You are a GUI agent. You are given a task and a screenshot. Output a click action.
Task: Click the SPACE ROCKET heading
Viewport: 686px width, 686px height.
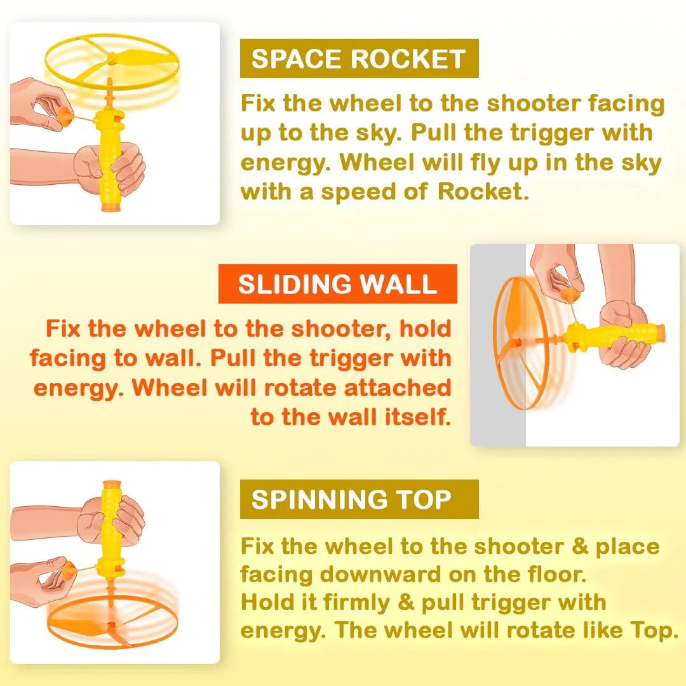tap(358, 58)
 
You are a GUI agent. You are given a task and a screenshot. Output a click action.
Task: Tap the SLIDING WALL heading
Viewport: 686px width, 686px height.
tap(337, 284)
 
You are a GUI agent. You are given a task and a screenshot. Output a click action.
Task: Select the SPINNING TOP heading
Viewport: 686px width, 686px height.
tap(351, 499)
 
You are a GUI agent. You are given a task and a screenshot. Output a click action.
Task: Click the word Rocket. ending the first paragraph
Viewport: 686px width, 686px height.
tap(483, 191)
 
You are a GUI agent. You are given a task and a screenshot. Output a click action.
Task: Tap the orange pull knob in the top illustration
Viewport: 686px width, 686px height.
tap(65, 115)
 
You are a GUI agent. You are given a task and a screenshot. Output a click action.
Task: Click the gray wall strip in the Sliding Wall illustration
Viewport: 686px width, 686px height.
tap(498, 345)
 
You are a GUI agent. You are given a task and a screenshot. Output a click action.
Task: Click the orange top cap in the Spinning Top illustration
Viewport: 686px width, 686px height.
tap(112, 485)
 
